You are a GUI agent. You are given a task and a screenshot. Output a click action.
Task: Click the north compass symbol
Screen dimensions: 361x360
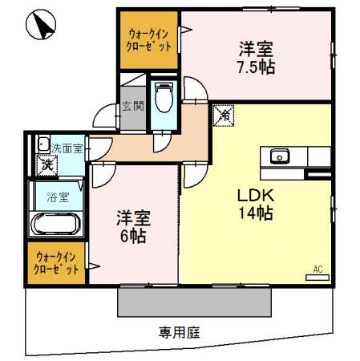point(41,28)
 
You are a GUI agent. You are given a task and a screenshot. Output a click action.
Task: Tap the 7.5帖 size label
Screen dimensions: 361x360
point(256,67)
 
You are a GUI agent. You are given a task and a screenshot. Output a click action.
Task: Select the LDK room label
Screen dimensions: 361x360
point(254,195)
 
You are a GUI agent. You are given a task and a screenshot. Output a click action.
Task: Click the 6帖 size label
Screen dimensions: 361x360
point(132,237)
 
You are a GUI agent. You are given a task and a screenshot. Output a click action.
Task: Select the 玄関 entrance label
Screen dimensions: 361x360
point(131,106)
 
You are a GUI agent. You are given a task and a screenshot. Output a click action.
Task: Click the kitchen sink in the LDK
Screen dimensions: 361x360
point(280,156)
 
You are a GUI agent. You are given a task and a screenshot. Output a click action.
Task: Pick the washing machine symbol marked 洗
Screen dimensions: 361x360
point(47,165)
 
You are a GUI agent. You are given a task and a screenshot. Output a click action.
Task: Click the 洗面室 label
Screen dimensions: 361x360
point(66,148)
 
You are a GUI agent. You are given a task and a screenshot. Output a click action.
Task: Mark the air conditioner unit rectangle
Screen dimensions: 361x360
point(318,277)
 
